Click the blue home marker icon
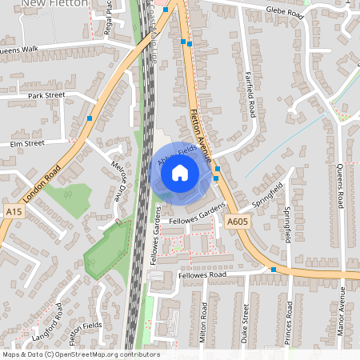click(x=180, y=171)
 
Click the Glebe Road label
click(x=286, y=14)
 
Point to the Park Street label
click(x=46, y=95)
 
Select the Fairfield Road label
click(x=250, y=94)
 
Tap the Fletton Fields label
click(x=84, y=328)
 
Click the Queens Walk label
click(x=19, y=49)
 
